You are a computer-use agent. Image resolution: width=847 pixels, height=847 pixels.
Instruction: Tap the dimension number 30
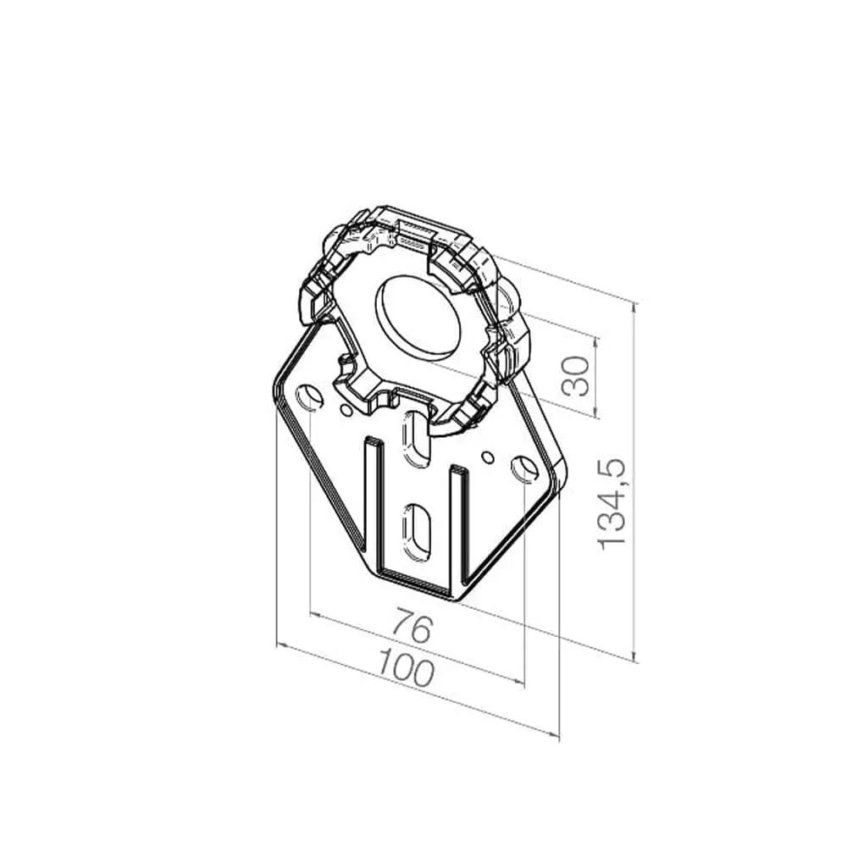point(575,376)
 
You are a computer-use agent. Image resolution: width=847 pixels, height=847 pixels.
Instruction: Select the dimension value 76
point(413,625)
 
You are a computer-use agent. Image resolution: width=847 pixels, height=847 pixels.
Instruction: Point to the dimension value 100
point(407,667)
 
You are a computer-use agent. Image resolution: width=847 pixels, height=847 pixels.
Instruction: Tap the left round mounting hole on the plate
point(309,397)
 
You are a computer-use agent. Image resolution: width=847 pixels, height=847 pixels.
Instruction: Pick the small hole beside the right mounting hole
point(488,457)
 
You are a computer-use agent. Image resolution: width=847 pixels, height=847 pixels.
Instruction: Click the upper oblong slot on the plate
point(415,438)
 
